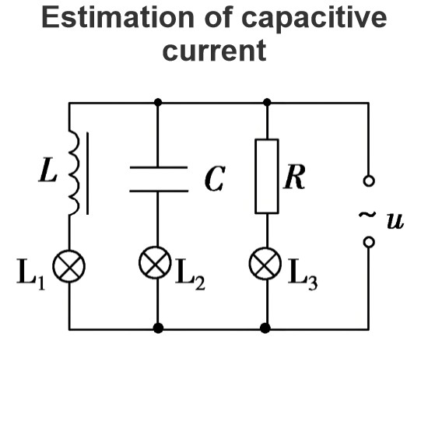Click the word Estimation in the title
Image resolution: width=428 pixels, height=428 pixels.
point(118,17)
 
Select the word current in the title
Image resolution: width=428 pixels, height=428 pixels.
point(214,51)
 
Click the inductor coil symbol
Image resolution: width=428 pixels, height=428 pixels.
point(74,173)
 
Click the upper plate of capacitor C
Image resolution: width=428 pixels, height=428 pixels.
point(158,167)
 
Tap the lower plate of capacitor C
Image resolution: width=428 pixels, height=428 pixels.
point(159,191)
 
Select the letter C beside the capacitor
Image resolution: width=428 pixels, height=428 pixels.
point(215,179)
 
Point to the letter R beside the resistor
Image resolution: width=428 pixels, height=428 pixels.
point(294,177)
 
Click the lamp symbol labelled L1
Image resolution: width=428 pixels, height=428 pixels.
point(68,266)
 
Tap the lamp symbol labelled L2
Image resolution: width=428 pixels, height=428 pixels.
point(155,262)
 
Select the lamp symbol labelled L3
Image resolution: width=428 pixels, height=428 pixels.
point(265,263)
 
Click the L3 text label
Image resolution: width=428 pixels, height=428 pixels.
point(303,274)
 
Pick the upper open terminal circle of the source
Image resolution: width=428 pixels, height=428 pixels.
point(369,181)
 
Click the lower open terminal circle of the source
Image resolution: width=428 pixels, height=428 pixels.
point(369,242)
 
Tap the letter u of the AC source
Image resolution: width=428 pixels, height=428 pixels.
point(395,221)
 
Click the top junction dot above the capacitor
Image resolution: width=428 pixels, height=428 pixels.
point(158,103)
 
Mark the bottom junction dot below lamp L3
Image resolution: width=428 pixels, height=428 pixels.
point(265,328)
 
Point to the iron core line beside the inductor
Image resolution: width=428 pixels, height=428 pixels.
point(87,174)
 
